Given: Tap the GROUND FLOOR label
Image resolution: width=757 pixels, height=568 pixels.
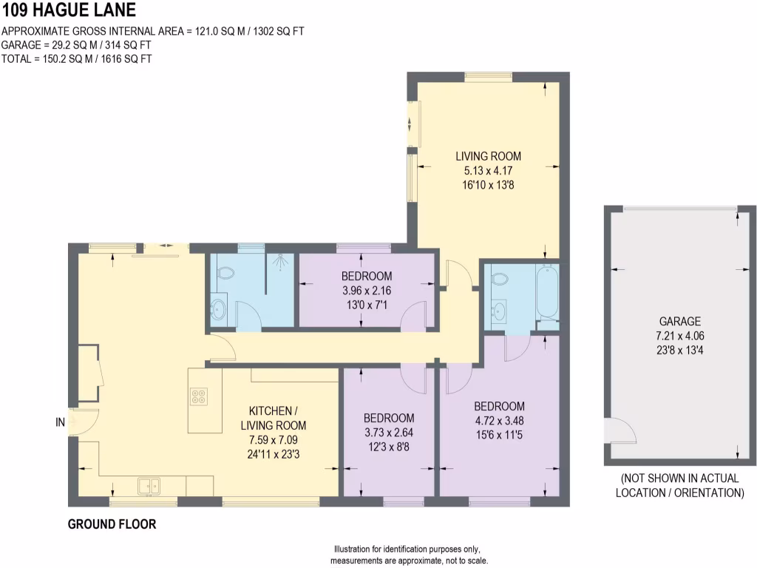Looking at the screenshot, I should click(112, 524).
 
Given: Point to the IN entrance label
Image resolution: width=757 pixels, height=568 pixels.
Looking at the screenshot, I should click(60, 422).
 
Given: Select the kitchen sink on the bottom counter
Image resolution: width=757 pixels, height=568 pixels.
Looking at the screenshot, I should click(149, 486).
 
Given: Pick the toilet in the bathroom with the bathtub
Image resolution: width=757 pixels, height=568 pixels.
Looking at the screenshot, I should click(499, 280).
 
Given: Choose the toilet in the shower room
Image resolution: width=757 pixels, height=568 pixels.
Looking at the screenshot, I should click(225, 273).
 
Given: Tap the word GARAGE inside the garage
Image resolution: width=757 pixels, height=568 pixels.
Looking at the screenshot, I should click(679, 321).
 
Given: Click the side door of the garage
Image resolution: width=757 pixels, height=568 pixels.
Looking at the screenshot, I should click(615, 430).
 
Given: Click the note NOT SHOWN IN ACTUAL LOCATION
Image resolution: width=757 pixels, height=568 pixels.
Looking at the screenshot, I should click(679, 485).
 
